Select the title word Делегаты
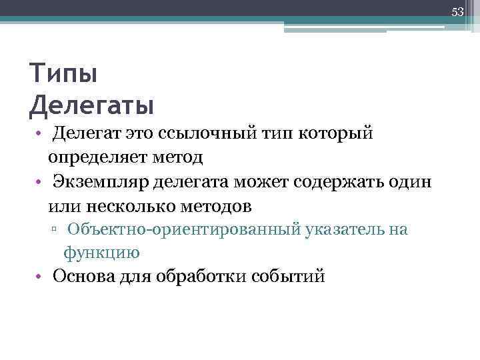point(92,105)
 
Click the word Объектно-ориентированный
point(183,230)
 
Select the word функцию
point(101,253)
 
